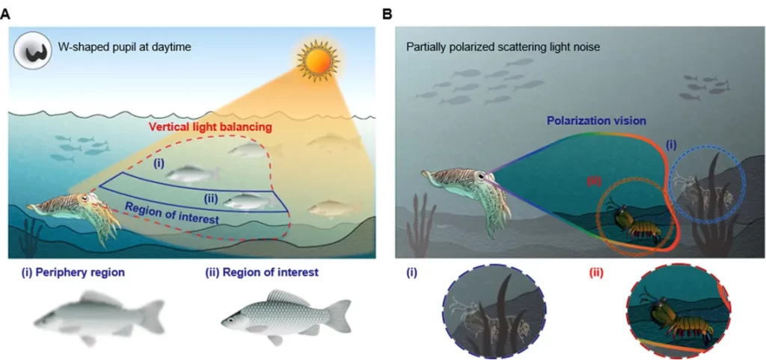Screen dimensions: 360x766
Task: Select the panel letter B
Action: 387,13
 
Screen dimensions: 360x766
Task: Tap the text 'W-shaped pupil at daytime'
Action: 125,49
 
